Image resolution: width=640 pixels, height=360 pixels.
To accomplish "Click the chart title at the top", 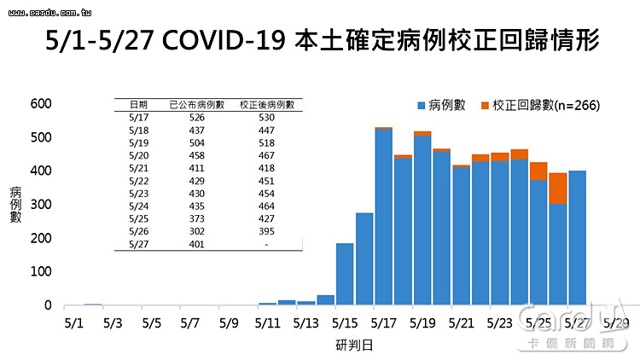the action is [x=322, y=40].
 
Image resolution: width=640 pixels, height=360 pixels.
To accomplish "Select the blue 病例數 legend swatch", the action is [x=422, y=106].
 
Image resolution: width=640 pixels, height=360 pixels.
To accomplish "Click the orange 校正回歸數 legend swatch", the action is [x=485, y=106].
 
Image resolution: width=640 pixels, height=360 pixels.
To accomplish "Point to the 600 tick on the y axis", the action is [x=41, y=104].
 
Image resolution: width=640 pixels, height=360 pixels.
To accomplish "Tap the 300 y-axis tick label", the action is [x=41, y=205].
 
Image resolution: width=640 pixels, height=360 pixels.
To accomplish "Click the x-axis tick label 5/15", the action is [x=345, y=323].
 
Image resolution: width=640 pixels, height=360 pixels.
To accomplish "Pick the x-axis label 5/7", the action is [x=189, y=323].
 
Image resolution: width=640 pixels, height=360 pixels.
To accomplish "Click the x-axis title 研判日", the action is [x=354, y=345].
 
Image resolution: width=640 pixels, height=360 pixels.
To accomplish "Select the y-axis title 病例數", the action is [x=15, y=205].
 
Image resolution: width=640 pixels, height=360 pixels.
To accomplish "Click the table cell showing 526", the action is [x=197, y=118].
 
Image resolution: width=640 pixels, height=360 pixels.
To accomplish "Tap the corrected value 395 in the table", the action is [x=266, y=231].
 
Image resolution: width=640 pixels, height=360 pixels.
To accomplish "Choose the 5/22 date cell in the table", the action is [x=139, y=181].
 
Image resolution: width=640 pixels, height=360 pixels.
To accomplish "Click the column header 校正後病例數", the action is [x=267, y=105].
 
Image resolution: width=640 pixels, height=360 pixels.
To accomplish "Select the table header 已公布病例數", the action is [x=197, y=105].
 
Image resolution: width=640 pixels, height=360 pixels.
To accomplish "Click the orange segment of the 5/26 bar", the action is [x=557, y=189].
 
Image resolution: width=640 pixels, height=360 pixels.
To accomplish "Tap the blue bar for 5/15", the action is [x=345, y=275].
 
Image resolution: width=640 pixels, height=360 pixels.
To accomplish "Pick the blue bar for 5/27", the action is [x=577, y=238].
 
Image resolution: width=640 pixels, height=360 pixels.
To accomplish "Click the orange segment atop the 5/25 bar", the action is [x=538, y=171].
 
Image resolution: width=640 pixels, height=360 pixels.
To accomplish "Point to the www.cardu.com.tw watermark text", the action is [x=49, y=13].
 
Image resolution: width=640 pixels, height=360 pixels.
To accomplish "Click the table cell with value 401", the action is [x=197, y=244].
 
